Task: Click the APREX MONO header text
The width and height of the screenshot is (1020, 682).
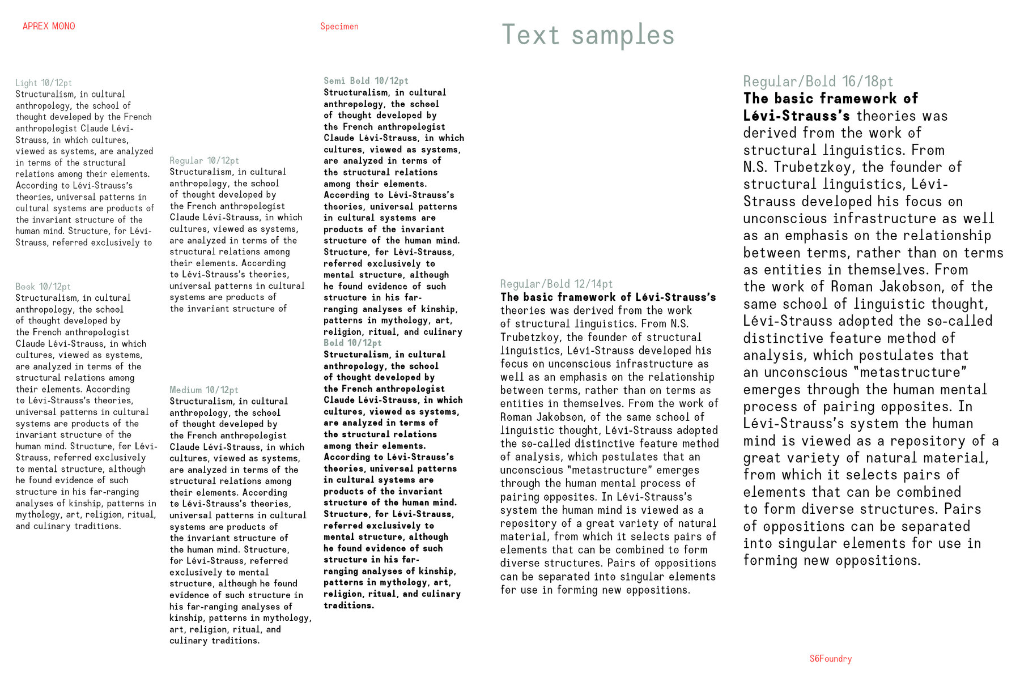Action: pos(49,26)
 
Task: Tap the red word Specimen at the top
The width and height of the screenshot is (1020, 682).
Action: pos(339,26)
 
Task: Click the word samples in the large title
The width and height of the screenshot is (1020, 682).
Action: pos(623,35)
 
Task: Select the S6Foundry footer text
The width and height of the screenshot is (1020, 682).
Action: pos(830,659)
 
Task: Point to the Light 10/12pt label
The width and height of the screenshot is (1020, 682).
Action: pos(44,83)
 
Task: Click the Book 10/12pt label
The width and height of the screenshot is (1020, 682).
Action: pos(43,287)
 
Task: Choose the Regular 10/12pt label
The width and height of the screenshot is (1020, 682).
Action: pos(204,160)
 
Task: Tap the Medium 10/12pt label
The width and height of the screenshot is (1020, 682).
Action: pos(203,390)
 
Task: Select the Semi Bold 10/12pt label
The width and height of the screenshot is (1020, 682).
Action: pos(365,81)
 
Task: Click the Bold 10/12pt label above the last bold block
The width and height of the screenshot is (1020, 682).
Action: pos(352,343)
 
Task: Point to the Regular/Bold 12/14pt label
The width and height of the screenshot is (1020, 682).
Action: pos(556,284)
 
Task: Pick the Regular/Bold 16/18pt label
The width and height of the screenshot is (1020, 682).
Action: pos(818,82)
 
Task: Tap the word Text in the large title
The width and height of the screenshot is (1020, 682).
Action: pos(530,35)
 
